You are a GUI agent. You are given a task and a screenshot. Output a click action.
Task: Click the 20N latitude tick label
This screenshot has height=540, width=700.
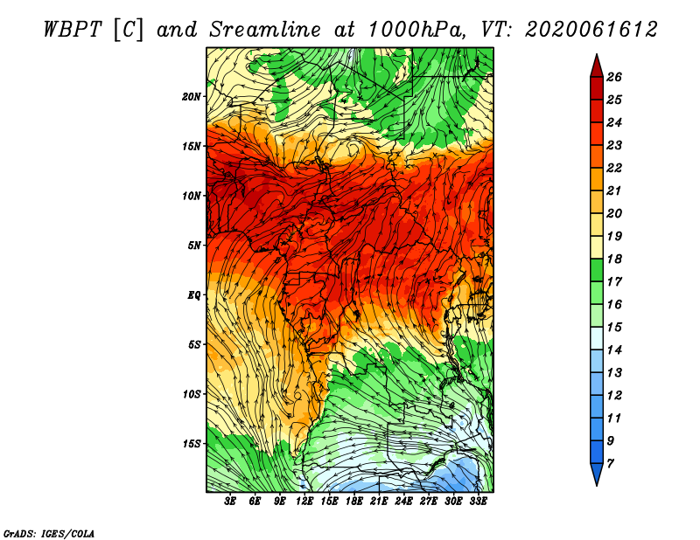(192, 96)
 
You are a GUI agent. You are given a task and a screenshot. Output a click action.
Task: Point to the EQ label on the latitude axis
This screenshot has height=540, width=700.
(194, 295)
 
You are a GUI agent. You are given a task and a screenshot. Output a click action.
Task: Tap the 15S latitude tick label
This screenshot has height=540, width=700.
(192, 444)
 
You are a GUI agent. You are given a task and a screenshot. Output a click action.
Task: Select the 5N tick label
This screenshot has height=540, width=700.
(194, 246)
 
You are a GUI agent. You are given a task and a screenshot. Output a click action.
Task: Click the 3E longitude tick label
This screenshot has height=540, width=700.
(230, 501)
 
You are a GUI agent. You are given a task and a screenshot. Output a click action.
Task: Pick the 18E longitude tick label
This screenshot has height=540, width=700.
(354, 501)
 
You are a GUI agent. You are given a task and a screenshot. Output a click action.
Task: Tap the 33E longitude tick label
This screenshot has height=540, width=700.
(478, 501)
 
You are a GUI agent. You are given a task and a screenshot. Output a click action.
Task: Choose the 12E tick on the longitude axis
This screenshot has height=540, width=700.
(304, 501)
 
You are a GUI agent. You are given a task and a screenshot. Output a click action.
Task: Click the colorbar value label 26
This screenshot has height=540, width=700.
(614, 77)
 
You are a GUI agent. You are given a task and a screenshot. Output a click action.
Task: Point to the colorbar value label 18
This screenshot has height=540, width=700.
(614, 259)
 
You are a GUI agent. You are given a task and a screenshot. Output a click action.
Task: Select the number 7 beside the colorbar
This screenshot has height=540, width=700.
(610, 464)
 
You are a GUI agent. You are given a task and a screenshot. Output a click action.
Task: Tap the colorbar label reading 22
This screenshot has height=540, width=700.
(614, 168)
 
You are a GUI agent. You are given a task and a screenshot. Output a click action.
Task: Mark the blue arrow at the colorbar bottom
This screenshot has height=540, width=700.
(597, 473)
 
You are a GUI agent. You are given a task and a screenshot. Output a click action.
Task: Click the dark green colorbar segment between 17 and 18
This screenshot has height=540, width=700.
(597, 270)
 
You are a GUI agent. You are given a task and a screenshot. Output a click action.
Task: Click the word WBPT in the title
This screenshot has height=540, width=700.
(73, 30)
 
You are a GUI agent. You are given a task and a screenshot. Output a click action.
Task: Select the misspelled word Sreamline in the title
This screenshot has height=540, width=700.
(265, 30)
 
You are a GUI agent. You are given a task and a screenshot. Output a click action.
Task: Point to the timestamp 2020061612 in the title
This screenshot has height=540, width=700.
(591, 30)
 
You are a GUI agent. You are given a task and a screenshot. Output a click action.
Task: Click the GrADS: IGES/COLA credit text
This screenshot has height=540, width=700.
(49, 534)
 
